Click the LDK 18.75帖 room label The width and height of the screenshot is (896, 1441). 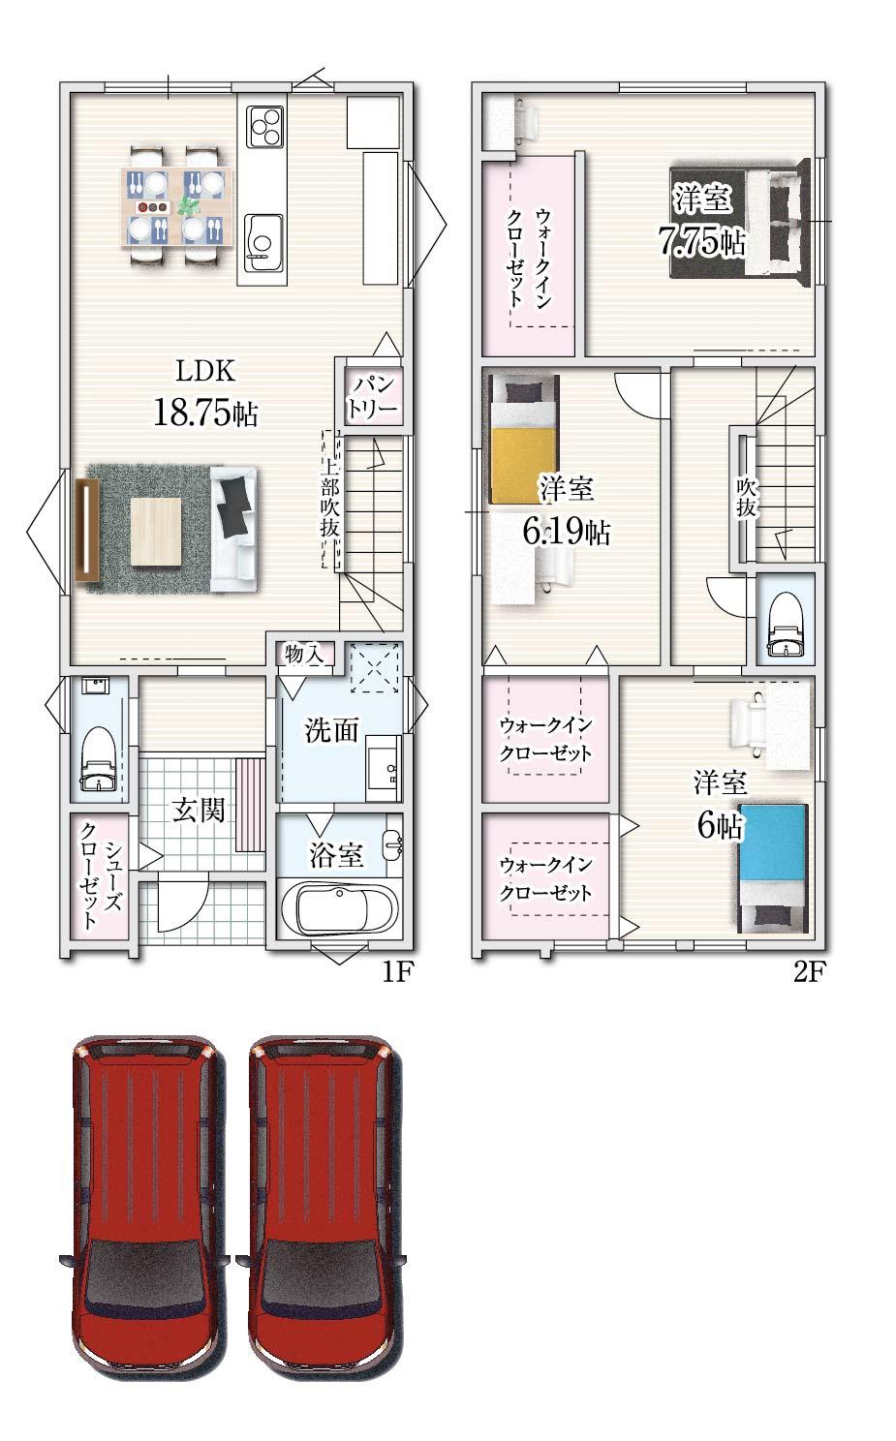[x=206, y=392]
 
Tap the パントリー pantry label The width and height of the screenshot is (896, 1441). [x=372, y=397]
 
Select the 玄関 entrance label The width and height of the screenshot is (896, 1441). [x=199, y=811]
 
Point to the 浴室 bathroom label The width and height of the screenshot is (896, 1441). [x=336, y=855]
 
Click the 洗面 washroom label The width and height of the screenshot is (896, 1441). [x=331, y=729]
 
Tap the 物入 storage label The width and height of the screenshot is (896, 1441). [x=304, y=655]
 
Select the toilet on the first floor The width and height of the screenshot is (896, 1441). [x=99, y=758]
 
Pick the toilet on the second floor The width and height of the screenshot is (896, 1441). [x=785, y=624]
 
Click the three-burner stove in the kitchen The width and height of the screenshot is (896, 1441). [x=265, y=126]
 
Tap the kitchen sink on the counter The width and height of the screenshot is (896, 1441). [x=263, y=242]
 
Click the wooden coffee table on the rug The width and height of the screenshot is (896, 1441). [x=156, y=532]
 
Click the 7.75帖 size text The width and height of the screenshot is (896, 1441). [x=701, y=242]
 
